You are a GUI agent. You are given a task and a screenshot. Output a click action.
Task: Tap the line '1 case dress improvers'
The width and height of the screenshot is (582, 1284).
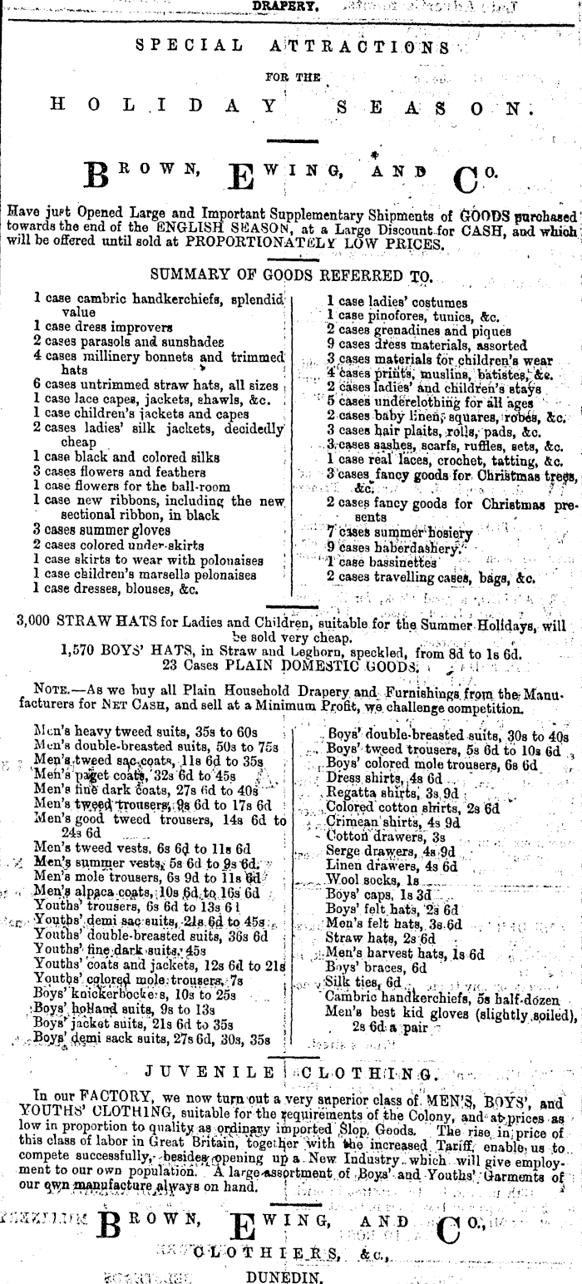[103, 327]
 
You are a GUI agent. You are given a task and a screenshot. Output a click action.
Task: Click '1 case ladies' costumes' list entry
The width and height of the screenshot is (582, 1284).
[397, 303]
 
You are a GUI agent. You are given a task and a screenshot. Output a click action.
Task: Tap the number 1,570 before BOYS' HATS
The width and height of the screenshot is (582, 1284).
[82, 654]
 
